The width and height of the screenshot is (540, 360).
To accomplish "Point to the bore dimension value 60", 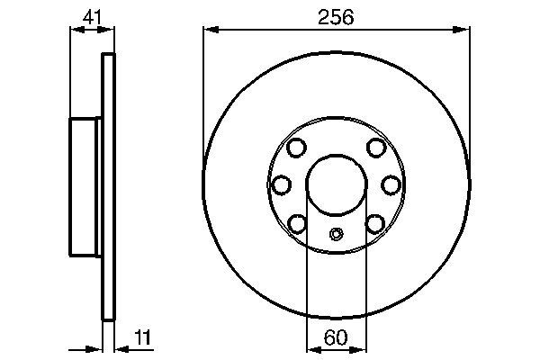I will click(337, 337).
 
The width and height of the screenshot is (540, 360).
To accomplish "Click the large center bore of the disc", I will click(337, 183).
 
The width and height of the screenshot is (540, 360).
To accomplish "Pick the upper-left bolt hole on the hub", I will click(298, 148).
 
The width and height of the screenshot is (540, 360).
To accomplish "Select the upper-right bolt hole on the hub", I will click(376, 148).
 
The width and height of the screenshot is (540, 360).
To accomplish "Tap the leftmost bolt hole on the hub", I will click(282, 184).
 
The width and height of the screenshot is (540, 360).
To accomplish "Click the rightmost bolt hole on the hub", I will click(391, 184).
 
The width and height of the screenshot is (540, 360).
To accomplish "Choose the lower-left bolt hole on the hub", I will click(298, 220).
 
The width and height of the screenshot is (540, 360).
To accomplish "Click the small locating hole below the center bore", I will click(337, 235).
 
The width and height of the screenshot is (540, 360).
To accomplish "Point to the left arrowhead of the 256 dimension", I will click(210, 31).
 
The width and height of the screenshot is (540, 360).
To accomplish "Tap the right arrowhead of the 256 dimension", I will click(464, 31).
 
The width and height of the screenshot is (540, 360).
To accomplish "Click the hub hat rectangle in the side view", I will click(86, 184).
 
